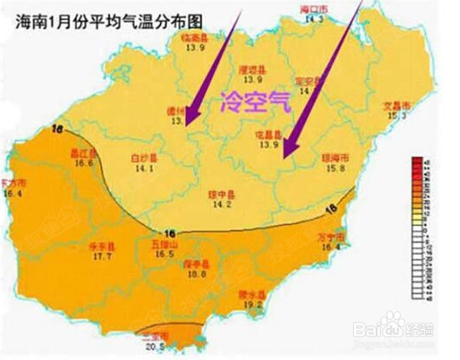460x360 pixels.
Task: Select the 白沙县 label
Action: point(142,160)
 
